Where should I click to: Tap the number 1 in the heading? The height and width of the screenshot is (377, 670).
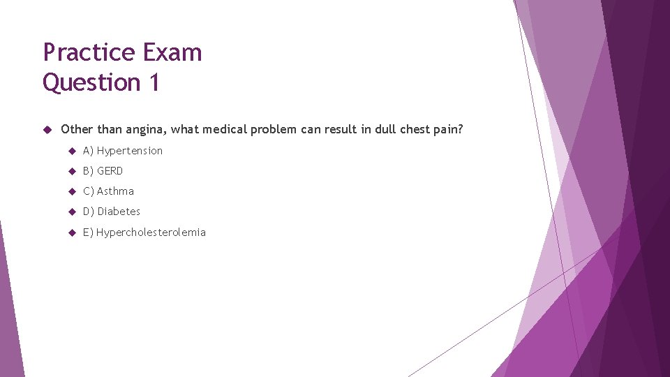click(154, 82)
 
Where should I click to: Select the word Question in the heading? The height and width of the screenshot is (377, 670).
click(91, 82)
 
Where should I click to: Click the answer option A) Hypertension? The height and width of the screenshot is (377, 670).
click(123, 151)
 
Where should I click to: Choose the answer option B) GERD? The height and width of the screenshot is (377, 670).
click(103, 171)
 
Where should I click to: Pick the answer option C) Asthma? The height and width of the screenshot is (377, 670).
click(108, 191)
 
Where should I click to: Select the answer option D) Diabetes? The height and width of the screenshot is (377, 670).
click(112, 212)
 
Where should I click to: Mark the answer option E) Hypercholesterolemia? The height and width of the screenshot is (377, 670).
click(144, 232)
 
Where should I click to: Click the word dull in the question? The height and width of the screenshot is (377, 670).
click(385, 130)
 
